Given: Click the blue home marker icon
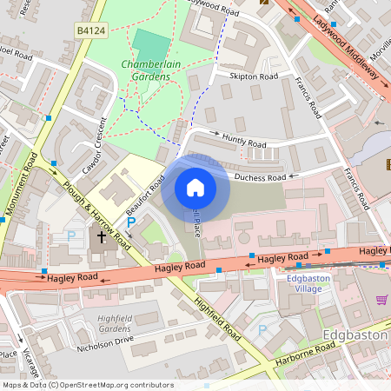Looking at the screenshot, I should (195, 188).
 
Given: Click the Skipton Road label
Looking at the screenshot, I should (253, 76).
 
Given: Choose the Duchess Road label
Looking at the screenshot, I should (259, 177).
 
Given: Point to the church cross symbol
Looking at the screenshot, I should (101, 235).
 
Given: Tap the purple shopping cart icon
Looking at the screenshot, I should (381, 300).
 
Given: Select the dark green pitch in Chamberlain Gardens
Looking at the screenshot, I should (153, 44).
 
